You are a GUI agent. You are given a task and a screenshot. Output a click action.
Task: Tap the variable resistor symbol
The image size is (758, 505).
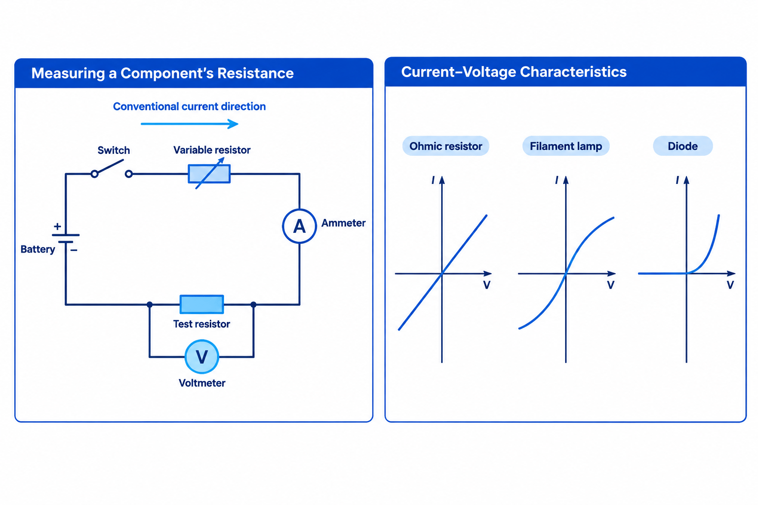tap(209, 174)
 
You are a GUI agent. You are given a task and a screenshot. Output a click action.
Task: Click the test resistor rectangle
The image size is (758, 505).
tap(202, 304)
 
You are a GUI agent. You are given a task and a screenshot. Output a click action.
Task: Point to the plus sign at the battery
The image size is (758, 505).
tap(58, 226)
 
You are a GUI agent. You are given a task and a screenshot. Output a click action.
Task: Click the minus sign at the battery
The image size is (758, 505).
tap(74, 251)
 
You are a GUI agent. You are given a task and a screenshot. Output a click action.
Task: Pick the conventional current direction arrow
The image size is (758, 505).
tap(189, 124)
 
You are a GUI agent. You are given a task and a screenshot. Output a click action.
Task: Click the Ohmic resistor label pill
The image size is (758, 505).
tap(446, 146)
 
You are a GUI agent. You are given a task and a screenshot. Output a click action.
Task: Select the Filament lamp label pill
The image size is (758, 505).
tap(566, 146)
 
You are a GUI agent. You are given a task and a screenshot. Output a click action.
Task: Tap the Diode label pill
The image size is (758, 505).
tap(683, 146)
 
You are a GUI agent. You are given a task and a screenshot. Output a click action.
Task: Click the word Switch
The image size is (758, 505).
tap(114, 150)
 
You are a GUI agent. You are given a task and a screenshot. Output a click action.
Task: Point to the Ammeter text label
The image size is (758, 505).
tap(343, 223)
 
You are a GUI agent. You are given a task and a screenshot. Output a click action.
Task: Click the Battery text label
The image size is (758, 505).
tap(38, 249)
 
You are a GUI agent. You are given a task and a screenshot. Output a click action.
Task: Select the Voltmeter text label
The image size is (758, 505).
tap(202, 383)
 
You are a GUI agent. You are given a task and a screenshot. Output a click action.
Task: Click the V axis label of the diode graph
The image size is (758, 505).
tap(730, 285)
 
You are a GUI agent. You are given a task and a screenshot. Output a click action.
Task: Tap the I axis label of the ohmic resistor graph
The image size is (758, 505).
tap(433, 180)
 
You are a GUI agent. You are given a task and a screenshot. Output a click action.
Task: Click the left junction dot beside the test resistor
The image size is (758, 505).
tap(150, 304)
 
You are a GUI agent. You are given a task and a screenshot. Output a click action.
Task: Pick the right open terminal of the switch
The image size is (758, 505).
tap(129, 174)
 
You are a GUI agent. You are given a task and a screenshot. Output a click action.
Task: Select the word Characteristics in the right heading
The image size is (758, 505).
tap(573, 72)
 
